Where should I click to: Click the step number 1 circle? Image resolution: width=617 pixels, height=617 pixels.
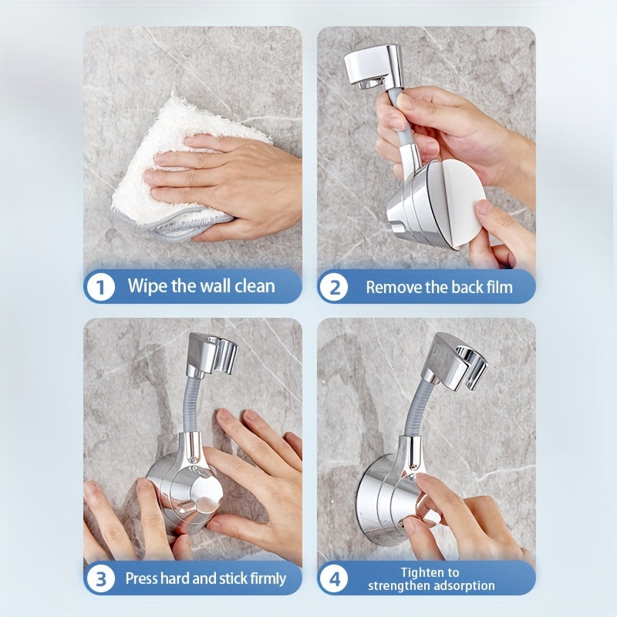pos(100,288)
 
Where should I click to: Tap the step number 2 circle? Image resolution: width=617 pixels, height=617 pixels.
pos(334,288)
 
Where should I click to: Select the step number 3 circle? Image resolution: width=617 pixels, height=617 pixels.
pos(100,578)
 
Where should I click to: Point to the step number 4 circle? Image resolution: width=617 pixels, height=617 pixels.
pos(334,578)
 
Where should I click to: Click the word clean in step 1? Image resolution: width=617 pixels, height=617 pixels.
pos(252,287)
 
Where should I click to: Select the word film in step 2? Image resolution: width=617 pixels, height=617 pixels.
pos(498,288)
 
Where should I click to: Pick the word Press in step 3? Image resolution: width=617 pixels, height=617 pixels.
pos(144,578)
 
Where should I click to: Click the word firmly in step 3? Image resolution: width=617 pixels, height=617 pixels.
pos(263,578)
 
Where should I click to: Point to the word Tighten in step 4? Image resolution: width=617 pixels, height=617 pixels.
pos(430,572)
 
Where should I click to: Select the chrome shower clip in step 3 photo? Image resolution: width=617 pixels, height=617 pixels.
pos(211,355)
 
